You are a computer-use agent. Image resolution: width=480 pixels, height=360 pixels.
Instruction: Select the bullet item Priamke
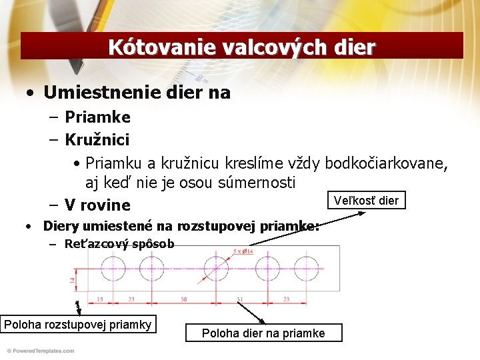click(97, 117)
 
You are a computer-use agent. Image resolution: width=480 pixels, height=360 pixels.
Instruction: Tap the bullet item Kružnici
click(97, 140)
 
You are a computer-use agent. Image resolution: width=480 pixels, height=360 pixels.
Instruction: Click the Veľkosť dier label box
click(367, 200)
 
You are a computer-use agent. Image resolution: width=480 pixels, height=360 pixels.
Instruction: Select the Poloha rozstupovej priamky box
click(78, 325)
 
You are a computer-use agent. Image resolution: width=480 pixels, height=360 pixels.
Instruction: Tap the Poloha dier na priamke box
click(263, 333)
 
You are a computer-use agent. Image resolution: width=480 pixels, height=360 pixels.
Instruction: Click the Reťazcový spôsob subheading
click(119, 244)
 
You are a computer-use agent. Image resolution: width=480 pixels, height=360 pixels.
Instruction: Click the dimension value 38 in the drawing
click(183, 299)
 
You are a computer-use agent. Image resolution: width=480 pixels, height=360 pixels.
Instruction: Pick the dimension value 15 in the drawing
click(99, 299)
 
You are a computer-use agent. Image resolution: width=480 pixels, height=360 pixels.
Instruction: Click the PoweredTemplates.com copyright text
click(40, 351)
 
